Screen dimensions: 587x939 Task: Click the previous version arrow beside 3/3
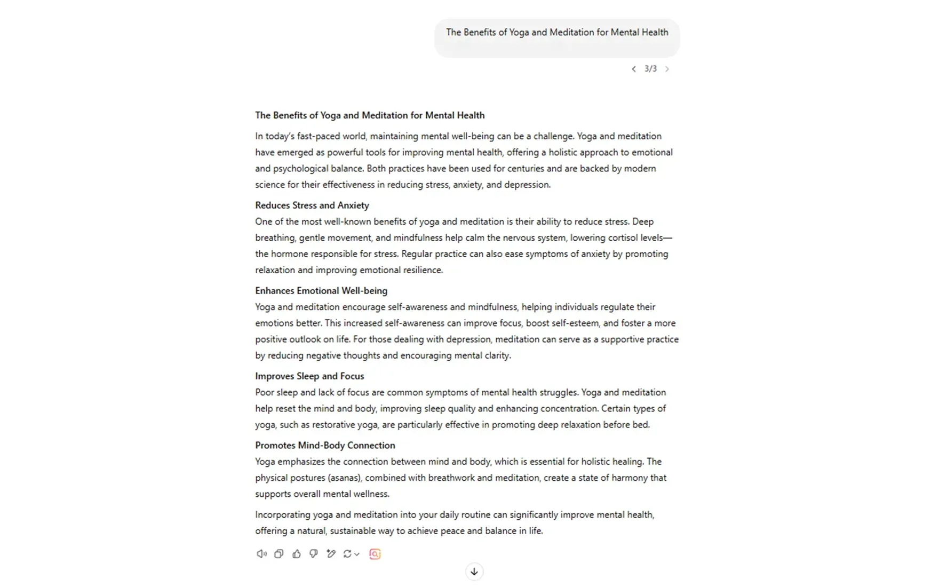click(x=633, y=69)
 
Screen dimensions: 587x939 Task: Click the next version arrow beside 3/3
click(x=667, y=69)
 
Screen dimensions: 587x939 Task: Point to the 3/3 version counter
click(x=650, y=69)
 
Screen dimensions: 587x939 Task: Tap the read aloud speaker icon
click(x=261, y=554)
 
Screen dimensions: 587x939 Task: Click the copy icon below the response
click(x=279, y=554)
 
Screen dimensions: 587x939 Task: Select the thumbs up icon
click(x=297, y=554)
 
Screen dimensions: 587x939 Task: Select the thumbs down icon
click(x=314, y=554)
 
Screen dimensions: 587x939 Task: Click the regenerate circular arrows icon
click(x=347, y=554)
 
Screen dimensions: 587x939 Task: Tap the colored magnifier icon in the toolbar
click(x=375, y=554)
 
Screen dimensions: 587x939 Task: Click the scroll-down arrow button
click(x=474, y=572)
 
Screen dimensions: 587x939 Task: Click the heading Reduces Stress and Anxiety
click(x=312, y=205)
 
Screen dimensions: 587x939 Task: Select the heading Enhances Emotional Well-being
click(x=321, y=291)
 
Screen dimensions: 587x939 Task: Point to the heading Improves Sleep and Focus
click(x=309, y=376)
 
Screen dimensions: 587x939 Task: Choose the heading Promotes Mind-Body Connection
click(x=325, y=446)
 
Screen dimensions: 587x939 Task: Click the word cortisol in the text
click(x=623, y=238)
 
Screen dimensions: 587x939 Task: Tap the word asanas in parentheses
click(x=344, y=478)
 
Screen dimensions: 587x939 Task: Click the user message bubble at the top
click(x=557, y=37)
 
